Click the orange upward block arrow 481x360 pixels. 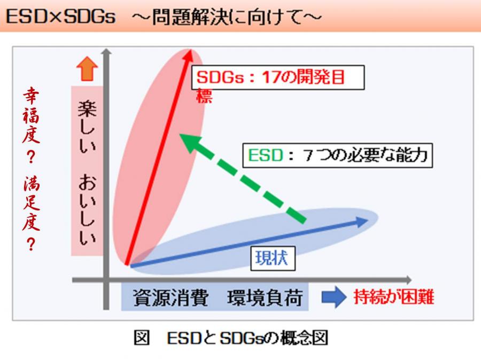pyautogui.click(x=87, y=69)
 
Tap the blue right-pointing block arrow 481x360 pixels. pyautogui.click(x=334, y=297)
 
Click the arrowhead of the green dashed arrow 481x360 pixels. pyautogui.click(x=189, y=143)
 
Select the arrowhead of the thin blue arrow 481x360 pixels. pyautogui.click(x=362, y=221)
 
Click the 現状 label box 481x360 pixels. pyautogui.click(x=273, y=258)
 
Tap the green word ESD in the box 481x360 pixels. pyautogui.click(x=266, y=155)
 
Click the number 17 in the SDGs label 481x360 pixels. pyautogui.click(x=270, y=77)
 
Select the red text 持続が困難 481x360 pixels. pyautogui.click(x=394, y=297)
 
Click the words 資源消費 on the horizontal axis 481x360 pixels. pyautogui.click(x=170, y=297)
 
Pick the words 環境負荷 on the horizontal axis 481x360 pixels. pyautogui.click(x=265, y=297)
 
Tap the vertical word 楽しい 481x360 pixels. pyautogui.click(x=87, y=127)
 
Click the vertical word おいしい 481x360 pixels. pyautogui.click(x=87, y=209)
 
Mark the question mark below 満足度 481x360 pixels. pyautogui.click(x=31, y=245)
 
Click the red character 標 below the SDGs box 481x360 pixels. pyautogui.click(x=204, y=96)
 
